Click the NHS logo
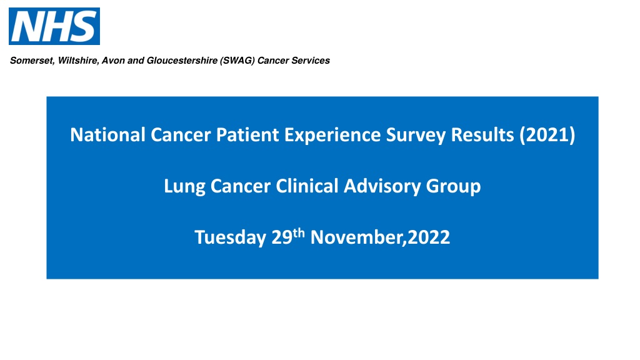pos(54,26)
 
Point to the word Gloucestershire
pos(182,61)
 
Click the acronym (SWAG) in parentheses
pos(237,61)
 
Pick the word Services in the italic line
pos(311,61)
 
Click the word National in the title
pos(107,135)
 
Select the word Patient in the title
pos(247,135)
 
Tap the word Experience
pos(332,136)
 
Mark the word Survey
pos(416,136)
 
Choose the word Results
pos(482,135)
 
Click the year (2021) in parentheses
pos(547,135)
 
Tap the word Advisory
pos(382,187)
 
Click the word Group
pos(454,187)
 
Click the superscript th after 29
pos(299,234)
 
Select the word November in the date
pos(356,237)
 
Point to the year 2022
pos(429,237)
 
